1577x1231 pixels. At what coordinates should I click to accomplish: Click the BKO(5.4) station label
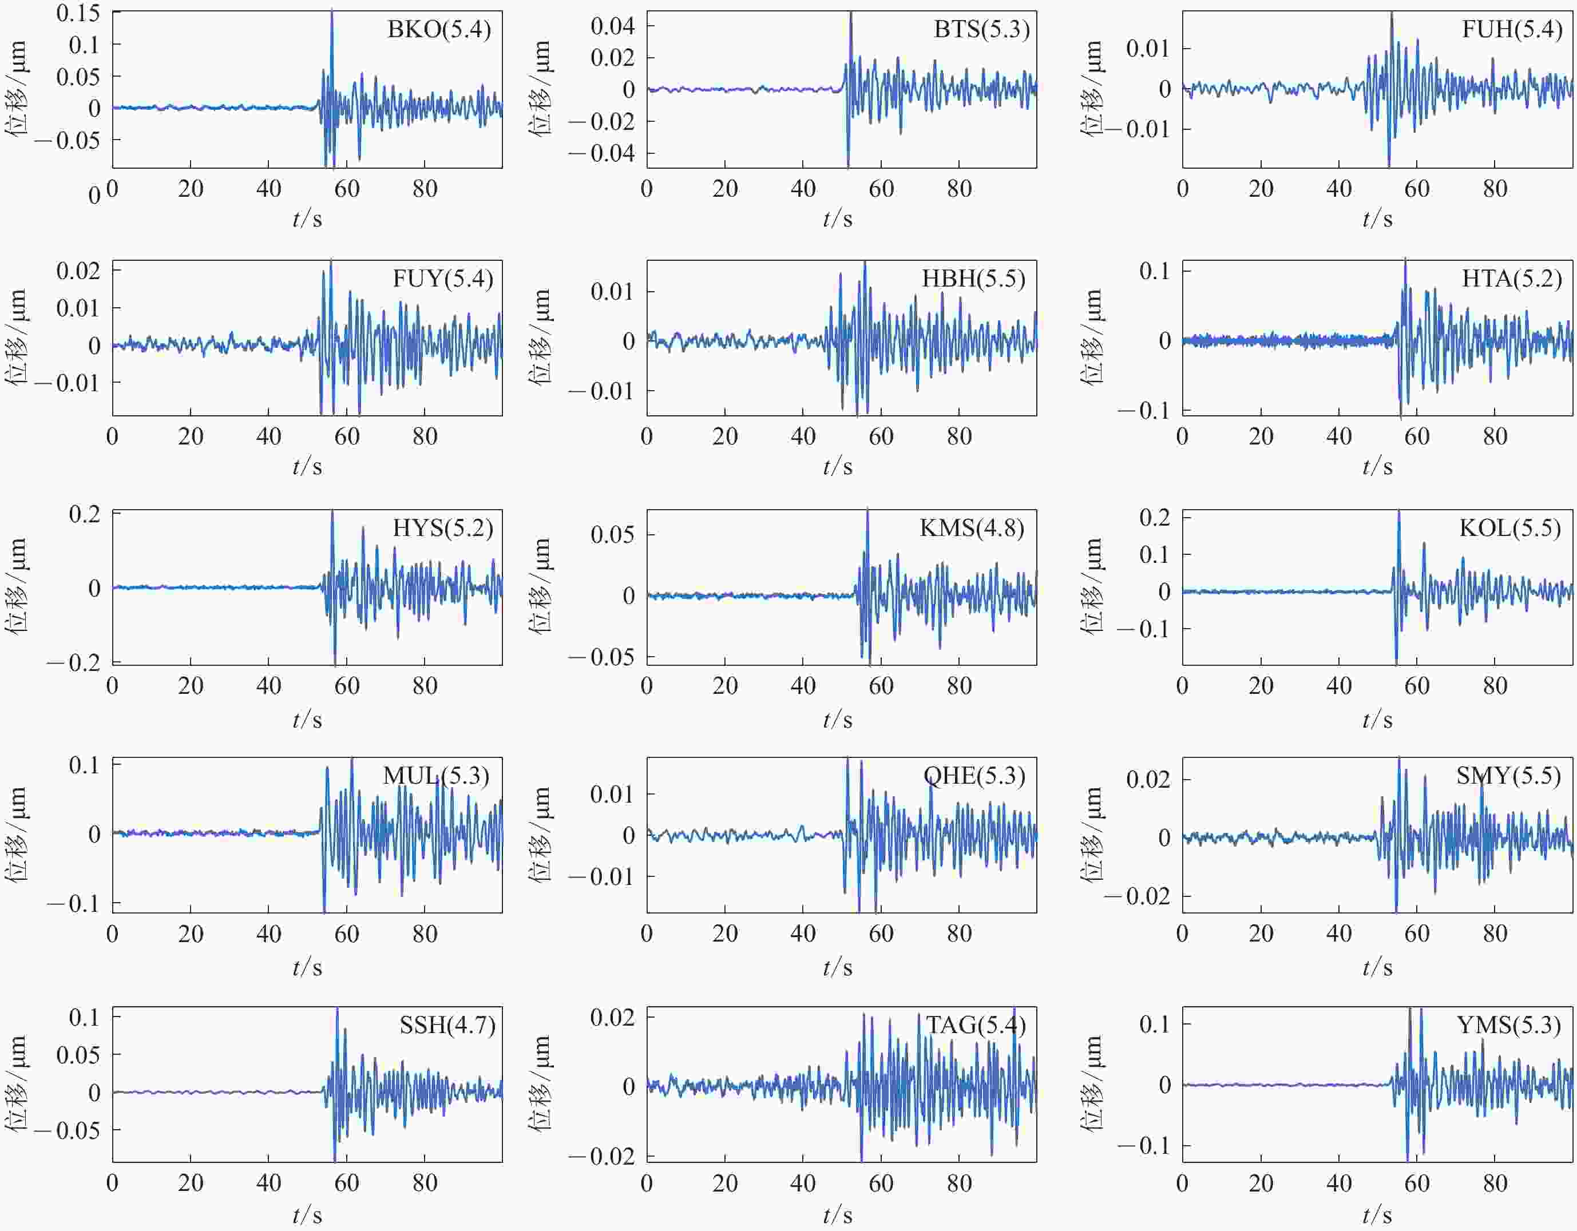coord(439,30)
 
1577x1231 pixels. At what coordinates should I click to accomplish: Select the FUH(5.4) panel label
coord(1512,30)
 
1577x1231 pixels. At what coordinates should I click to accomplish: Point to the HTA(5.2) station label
coord(1512,279)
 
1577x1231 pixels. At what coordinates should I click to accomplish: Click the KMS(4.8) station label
coord(972,529)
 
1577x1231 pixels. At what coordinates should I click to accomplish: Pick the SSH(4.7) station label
coord(447,1025)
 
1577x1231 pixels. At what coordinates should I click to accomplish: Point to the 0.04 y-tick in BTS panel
coord(612,27)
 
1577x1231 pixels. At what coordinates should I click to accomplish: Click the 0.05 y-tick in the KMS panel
coord(612,535)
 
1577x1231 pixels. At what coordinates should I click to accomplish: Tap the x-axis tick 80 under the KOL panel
coord(1495,686)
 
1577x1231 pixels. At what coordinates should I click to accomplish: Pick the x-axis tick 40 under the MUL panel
coord(268,934)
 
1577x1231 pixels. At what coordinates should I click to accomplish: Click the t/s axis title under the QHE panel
coord(838,967)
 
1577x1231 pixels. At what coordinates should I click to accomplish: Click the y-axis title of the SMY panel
coord(1092,834)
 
